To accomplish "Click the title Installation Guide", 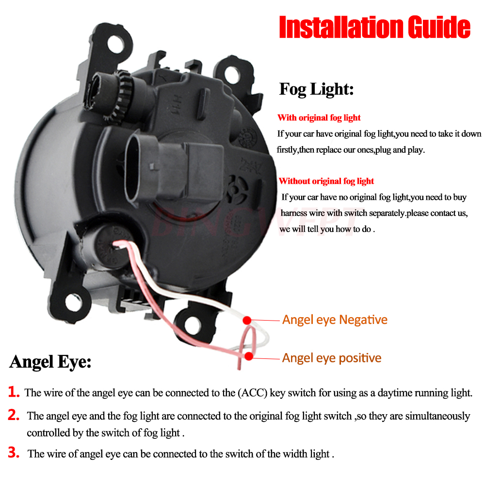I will tap(374, 28).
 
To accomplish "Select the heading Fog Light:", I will tap(316, 89).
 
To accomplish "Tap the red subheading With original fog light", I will tap(319, 118).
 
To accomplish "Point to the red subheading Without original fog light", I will tap(326, 181).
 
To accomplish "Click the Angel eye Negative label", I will tap(335, 320).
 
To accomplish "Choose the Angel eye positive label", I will tap(332, 358).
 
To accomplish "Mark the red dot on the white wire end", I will tap(247, 320).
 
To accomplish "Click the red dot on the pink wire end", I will tap(249, 357).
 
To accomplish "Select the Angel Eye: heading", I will tap(50, 362).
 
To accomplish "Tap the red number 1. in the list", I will tap(14, 392).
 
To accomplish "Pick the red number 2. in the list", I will tap(14, 415).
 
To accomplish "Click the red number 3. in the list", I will tap(14, 453).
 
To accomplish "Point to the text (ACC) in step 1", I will tap(252, 393).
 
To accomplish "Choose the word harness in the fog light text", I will tap(295, 213).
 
